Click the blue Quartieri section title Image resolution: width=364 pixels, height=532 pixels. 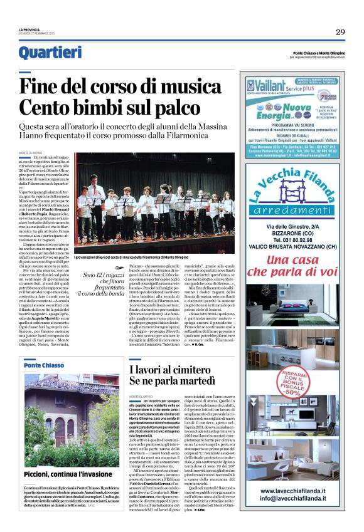coord(50,53)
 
